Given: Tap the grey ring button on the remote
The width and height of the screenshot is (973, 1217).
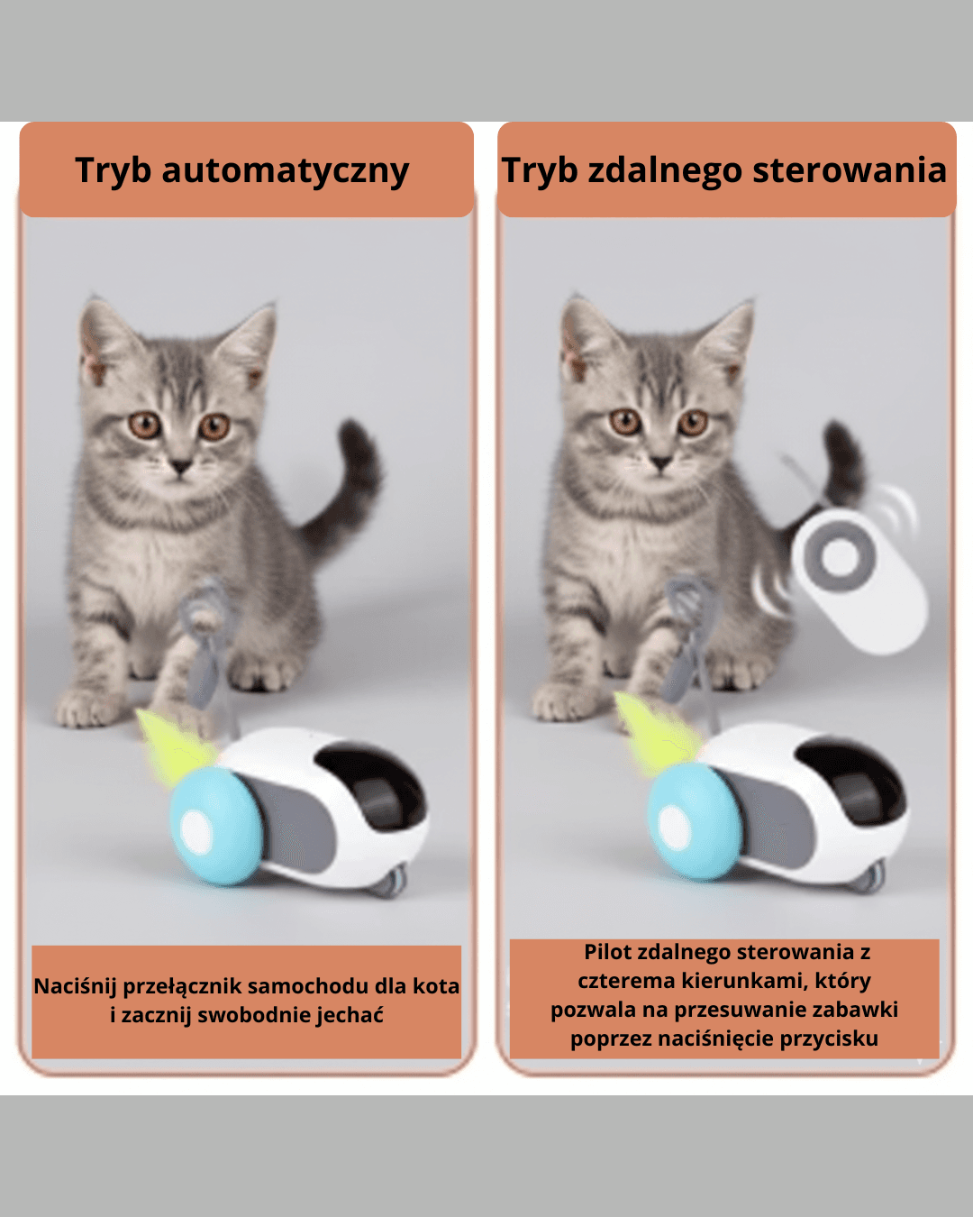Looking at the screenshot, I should click(x=840, y=557).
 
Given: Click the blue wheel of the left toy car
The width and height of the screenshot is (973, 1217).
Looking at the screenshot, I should click(x=215, y=826).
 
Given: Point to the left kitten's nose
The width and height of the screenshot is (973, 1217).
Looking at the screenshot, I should click(x=181, y=466).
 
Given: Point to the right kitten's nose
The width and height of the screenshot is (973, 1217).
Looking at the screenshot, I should click(x=661, y=463).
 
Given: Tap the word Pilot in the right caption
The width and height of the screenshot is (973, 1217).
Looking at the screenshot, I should click(x=608, y=952).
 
